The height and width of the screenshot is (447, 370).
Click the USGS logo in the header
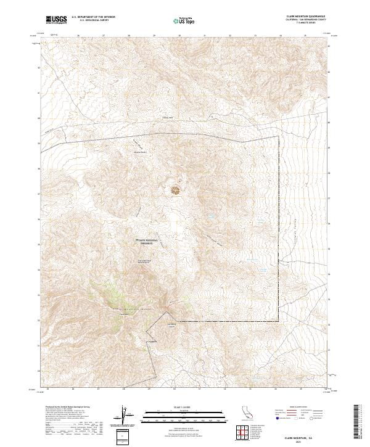coord(56,20)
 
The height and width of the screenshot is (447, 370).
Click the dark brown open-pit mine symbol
coord(176,190)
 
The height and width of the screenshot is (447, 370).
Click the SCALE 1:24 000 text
coord(177,407)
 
